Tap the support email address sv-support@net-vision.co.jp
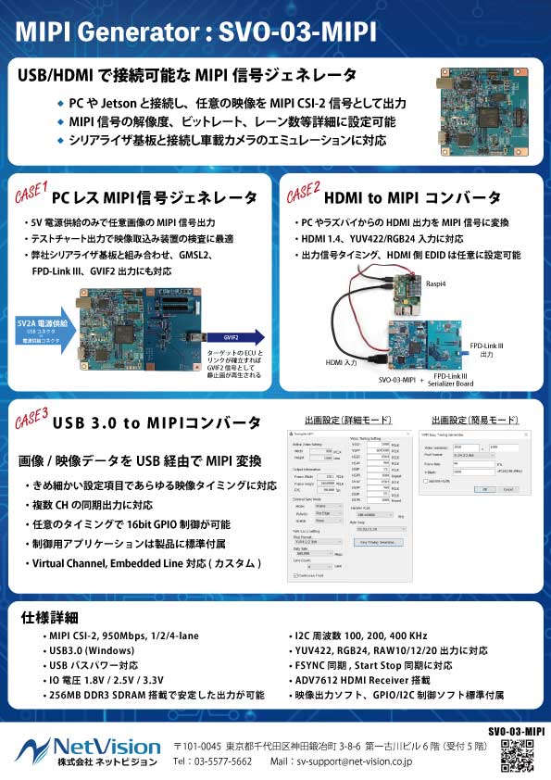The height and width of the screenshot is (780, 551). [353, 762]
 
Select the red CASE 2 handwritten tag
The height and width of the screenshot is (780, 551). [303, 195]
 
